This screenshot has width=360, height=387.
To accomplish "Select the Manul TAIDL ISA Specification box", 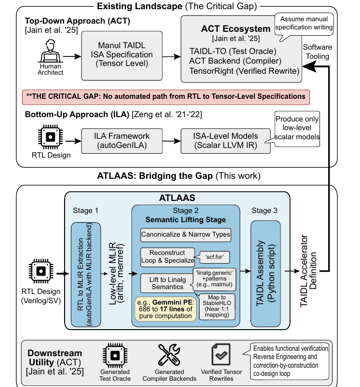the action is (122, 55).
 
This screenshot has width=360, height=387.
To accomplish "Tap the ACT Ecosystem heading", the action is (236, 29).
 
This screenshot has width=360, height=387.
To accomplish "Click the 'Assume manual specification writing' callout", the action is (304, 24).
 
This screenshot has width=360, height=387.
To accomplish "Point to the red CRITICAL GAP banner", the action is (166, 97).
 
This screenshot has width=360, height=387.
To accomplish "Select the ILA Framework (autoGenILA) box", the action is (122, 141).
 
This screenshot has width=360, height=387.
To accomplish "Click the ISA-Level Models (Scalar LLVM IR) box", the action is (226, 141).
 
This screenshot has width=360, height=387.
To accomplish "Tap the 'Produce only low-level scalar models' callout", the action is (297, 129).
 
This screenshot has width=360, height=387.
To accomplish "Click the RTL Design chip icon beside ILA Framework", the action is (50, 137).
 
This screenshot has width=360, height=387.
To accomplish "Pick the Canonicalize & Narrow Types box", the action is (186, 235).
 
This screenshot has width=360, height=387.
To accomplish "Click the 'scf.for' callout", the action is (214, 257).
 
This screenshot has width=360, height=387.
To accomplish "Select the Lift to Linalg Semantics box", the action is (167, 283).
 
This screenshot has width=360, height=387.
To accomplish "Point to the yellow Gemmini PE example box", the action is (165, 309).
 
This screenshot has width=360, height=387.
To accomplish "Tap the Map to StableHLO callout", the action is (217, 307).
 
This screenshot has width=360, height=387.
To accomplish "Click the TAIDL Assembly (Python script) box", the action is (266, 273).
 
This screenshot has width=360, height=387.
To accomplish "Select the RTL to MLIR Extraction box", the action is (86, 274).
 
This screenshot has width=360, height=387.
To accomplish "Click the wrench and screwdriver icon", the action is (169, 355).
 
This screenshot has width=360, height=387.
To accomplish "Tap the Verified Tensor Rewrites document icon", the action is (221, 354).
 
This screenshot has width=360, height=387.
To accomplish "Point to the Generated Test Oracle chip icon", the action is (115, 356).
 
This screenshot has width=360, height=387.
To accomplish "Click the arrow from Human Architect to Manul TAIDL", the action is (72, 56).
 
